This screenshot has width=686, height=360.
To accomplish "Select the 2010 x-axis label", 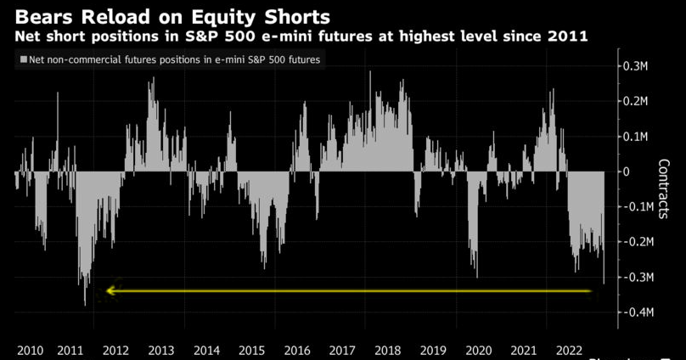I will [30, 350].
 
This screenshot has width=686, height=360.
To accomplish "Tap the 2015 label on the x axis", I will [252, 350].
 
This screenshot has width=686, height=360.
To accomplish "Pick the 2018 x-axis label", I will [387, 350].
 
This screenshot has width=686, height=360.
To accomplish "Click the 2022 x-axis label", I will [568, 350].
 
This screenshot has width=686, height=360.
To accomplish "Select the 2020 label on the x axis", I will [478, 350].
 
